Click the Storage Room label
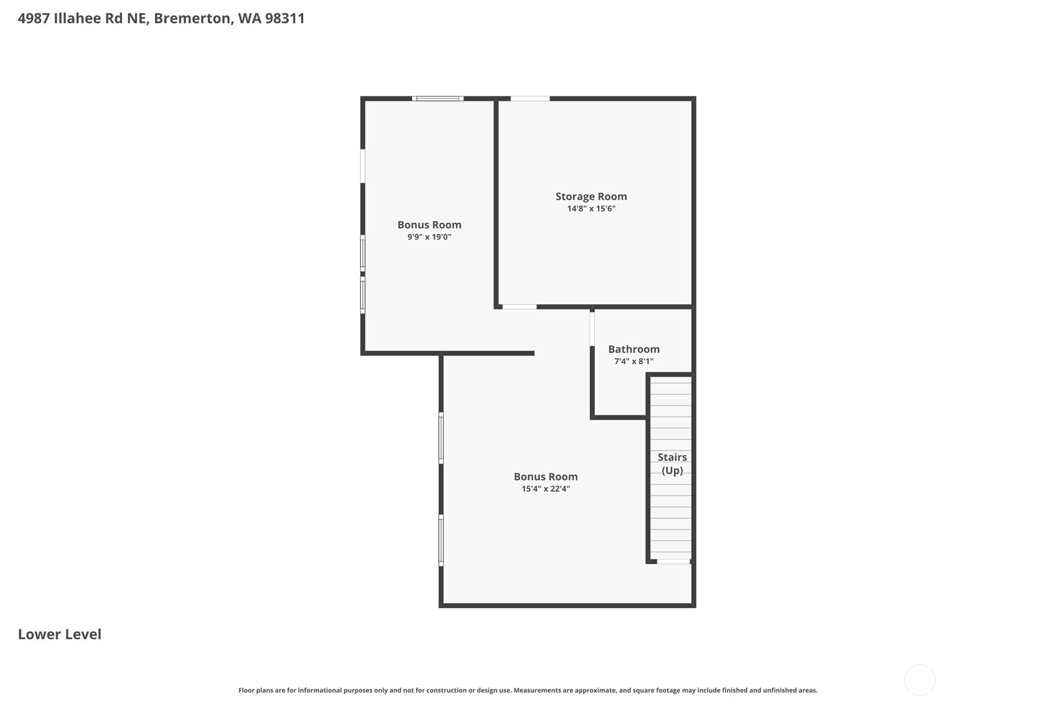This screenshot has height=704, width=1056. click(x=591, y=197)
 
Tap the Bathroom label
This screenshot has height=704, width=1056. click(x=633, y=349)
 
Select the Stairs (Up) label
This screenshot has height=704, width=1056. click(x=672, y=464)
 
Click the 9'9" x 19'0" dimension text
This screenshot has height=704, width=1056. click(x=429, y=237)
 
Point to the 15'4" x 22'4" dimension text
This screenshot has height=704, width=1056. click(x=546, y=489)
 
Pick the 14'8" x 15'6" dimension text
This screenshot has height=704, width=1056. click(x=591, y=209)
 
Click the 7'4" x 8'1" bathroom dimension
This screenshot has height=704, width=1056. click(x=633, y=362)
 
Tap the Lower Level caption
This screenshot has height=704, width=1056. click(x=60, y=634)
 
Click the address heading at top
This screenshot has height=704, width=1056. click(x=161, y=18)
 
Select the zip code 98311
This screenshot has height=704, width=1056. click(x=285, y=18)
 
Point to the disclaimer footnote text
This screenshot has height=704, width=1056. click(x=528, y=690)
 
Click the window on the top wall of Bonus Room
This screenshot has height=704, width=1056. click(x=437, y=98)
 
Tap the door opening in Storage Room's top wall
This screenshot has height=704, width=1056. click(x=530, y=98)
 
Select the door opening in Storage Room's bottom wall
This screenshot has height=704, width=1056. click(x=520, y=307)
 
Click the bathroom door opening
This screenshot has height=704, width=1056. click(x=592, y=329)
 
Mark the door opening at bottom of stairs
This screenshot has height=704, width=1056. click(x=673, y=561)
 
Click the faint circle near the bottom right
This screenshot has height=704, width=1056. click(x=920, y=680)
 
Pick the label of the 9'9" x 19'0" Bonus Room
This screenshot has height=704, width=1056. click(x=429, y=225)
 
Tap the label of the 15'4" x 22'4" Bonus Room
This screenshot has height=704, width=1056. click(x=546, y=477)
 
